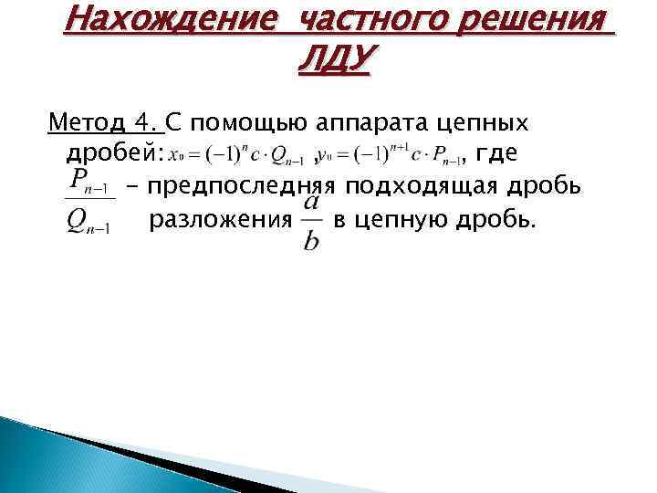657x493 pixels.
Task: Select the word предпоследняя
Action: coord(242,187)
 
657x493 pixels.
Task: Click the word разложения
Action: coord(220,220)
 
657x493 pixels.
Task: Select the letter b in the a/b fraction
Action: coord(311,243)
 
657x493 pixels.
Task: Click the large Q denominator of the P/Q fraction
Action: coord(79,223)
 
